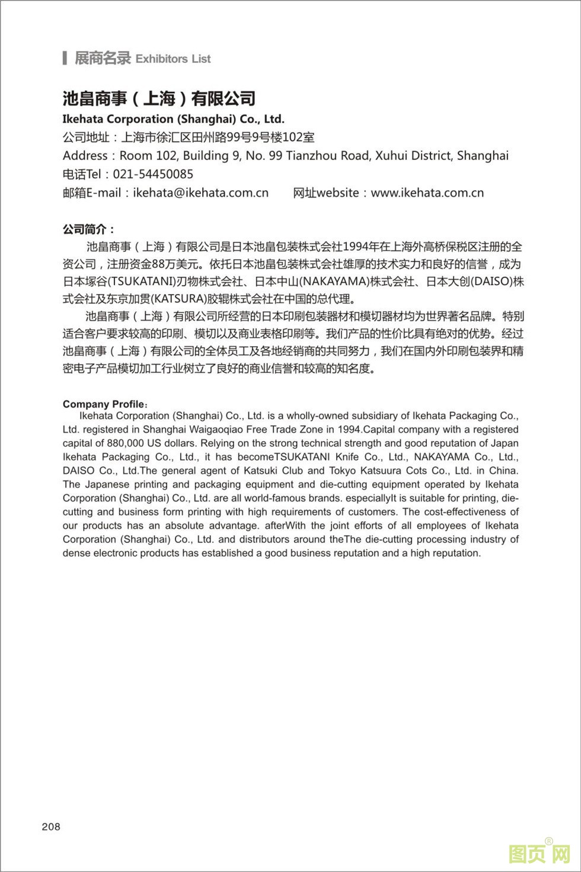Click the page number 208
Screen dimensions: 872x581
[x=51, y=826]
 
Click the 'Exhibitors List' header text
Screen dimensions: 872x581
[x=173, y=59]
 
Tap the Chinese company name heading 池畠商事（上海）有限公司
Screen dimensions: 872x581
[x=159, y=98]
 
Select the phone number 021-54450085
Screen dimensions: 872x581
[x=153, y=174]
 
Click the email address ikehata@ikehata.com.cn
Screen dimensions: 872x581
[x=201, y=193]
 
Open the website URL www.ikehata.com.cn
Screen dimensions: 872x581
[x=427, y=193]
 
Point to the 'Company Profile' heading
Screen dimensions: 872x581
[x=104, y=404]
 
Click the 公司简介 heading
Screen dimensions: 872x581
[x=88, y=229]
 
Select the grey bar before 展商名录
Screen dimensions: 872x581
[x=65, y=58]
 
